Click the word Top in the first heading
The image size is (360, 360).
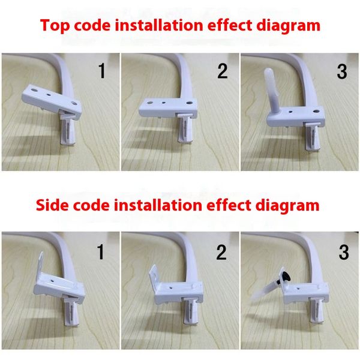55,26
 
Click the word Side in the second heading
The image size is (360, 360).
52,205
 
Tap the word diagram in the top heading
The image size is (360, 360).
288,26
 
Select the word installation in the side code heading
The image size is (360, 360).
158,205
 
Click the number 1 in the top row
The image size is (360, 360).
102,71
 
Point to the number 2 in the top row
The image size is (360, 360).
222,71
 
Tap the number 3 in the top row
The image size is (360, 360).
342,71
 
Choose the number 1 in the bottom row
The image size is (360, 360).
101,252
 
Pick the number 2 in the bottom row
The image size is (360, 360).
221,253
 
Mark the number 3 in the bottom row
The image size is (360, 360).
344,253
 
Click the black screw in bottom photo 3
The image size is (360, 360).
286,277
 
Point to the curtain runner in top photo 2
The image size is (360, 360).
185,128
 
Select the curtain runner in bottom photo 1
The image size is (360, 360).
71,310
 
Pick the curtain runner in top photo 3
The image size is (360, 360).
312,136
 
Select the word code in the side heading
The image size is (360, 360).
91,205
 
